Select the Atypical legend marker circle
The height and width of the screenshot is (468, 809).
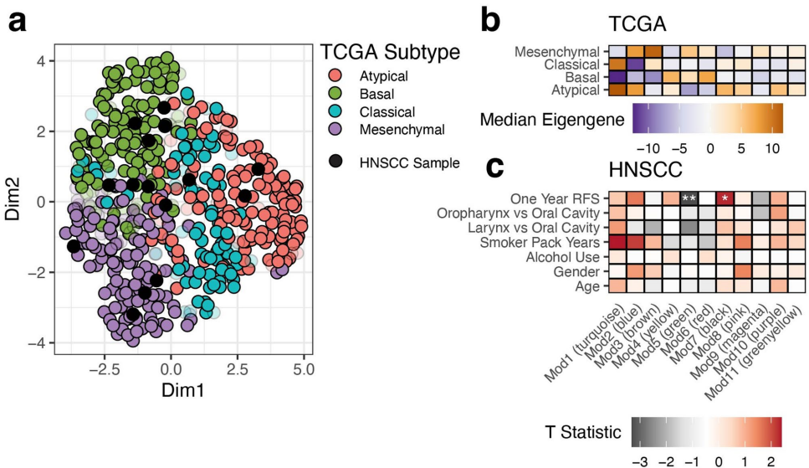coord(332,76)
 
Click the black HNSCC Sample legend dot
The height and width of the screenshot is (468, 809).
coord(332,162)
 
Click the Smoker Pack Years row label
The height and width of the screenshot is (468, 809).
coord(548,243)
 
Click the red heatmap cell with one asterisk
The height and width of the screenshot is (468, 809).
coord(725,198)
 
